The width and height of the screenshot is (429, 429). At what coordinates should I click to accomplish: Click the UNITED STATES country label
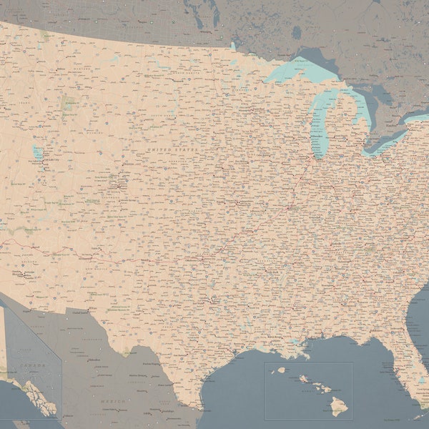[172, 149]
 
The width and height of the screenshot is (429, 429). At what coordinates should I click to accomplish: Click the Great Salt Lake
[37, 153]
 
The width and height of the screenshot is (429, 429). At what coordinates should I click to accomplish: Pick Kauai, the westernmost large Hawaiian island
[280, 370]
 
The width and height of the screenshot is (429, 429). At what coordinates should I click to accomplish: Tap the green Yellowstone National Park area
[69, 104]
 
